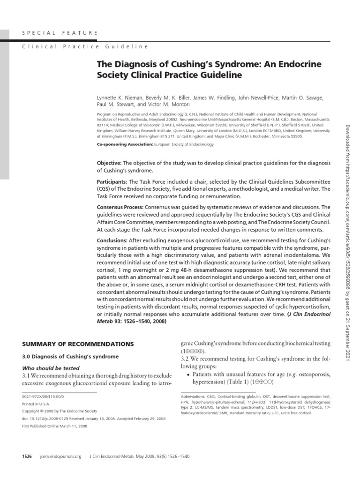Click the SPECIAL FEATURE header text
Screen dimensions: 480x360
click(x=60, y=33)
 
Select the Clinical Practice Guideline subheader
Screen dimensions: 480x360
click(x=85, y=47)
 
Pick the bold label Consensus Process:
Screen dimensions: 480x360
click(x=120, y=207)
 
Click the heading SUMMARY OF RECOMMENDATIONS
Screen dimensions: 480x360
click(x=78, y=344)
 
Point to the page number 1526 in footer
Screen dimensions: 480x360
click(x=27, y=456)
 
